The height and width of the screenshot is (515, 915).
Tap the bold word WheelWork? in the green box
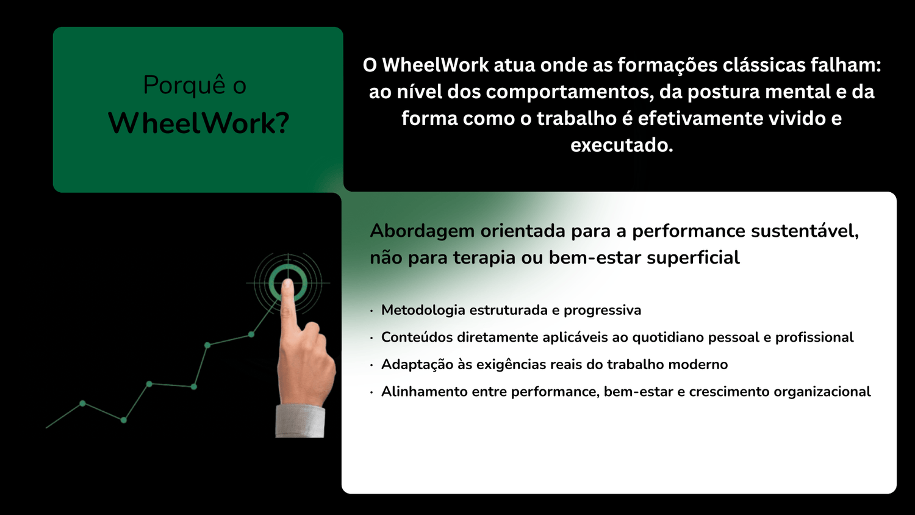coord(198,123)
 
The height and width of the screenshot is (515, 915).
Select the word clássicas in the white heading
coord(764,65)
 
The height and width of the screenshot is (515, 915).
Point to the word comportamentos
coord(568,92)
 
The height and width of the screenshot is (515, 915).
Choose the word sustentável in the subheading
coord(802,231)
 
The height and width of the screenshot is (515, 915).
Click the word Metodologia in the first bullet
coord(423,310)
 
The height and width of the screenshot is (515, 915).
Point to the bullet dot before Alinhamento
coord(371,392)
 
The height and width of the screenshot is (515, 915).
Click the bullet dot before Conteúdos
coord(371,338)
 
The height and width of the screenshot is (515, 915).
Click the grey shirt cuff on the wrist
coord(300,422)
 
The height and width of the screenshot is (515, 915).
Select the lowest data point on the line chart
coord(124,420)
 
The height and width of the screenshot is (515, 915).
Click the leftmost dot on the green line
coord(82,403)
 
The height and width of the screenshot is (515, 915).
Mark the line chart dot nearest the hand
coord(251,334)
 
